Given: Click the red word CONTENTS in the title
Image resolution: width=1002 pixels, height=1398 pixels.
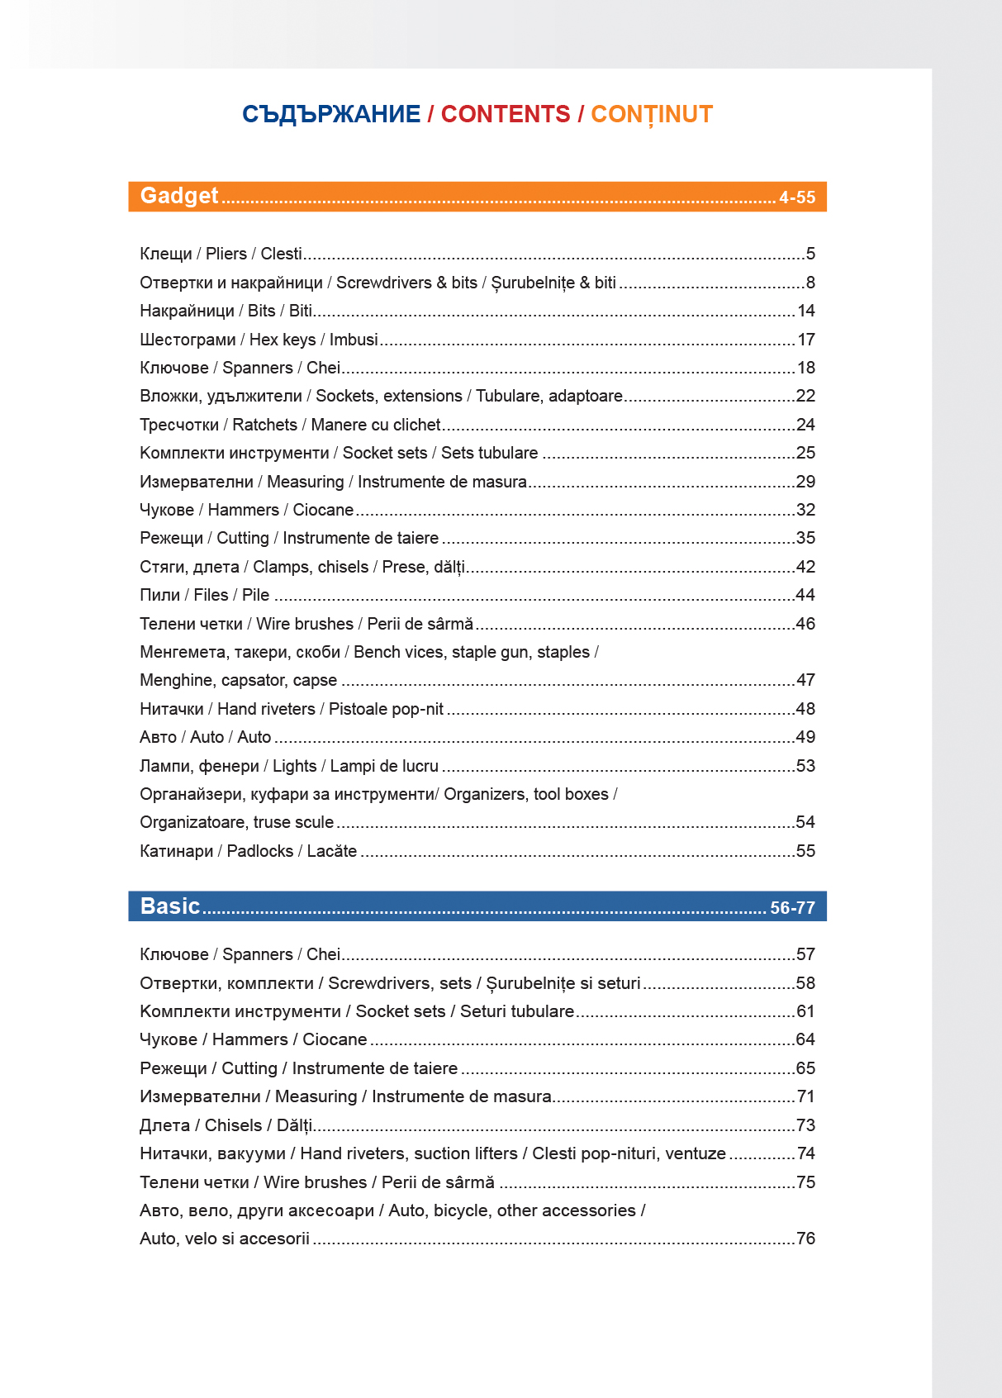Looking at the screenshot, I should coord(506,114).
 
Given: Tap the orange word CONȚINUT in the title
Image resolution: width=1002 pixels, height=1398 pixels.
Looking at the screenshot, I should coord(652,114).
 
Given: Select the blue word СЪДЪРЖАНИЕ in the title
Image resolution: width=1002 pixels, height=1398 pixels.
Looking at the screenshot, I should coord(331,114).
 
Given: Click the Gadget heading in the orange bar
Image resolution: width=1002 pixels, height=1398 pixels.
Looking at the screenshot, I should coord(179,196).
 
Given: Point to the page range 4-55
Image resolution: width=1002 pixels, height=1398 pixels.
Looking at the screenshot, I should coord(797,197).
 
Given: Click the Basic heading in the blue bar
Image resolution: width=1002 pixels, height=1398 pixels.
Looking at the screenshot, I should coord(170,906).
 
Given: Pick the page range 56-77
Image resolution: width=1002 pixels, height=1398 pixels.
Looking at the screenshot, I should coord(792,908).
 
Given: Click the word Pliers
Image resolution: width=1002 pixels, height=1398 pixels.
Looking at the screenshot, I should coord(226,254).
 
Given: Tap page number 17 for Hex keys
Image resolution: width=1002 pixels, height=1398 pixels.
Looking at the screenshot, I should coord(806,340).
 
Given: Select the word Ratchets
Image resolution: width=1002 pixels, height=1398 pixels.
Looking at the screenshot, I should coord(264,425).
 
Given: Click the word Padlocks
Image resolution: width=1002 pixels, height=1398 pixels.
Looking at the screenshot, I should coord(260,851).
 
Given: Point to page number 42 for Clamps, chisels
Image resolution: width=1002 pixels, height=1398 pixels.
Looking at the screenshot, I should coord(805,567).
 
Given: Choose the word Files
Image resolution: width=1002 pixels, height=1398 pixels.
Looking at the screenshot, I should coord(211,595).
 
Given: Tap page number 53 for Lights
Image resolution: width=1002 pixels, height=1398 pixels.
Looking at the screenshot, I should coord(805,766).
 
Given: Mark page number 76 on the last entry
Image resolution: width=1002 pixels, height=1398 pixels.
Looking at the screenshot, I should coord(805,1239).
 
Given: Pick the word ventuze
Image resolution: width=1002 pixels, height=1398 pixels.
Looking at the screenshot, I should coord(696,1153).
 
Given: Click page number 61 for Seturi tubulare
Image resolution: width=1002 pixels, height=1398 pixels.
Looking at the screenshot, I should coord(805,1011).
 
